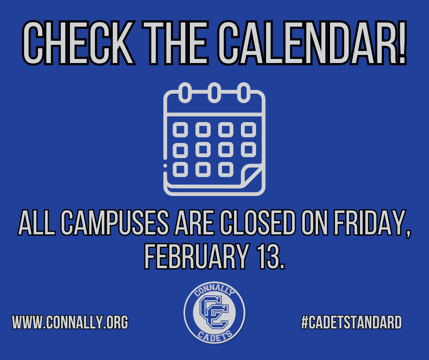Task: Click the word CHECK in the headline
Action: [x=78, y=43]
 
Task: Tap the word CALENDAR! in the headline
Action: [x=312, y=43]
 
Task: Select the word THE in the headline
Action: [x=175, y=43]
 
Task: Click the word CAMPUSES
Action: [x=115, y=222]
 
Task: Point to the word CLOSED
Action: [x=258, y=222]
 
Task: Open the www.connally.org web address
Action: [x=70, y=322]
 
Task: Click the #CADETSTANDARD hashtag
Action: [x=351, y=322]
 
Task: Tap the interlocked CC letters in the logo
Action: [x=214, y=312]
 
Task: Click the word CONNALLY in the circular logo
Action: [x=214, y=291]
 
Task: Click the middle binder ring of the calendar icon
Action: [x=214, y=93]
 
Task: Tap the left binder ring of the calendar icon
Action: [x=185, y=93]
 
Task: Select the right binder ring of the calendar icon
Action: [x=244, y=93]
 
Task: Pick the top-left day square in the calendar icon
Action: [x=180, y=130]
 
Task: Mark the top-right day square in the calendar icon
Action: [x=248, y=130]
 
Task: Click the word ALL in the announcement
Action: [x=37, y=222]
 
